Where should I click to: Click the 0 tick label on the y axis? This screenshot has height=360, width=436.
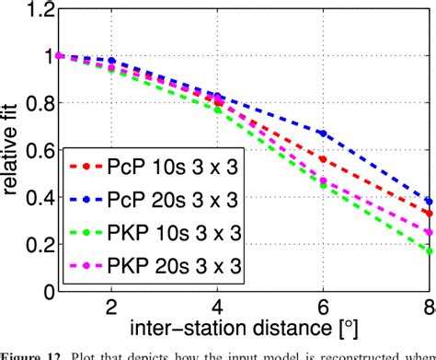point(44,294)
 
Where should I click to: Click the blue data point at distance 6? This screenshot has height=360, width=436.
point(323,134)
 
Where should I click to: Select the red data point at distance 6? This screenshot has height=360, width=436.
point(323,159)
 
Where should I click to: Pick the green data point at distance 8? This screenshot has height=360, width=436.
point(429,250)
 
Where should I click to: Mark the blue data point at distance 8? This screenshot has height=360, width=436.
point(429,201)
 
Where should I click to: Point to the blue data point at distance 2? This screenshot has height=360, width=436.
point(111,61)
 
